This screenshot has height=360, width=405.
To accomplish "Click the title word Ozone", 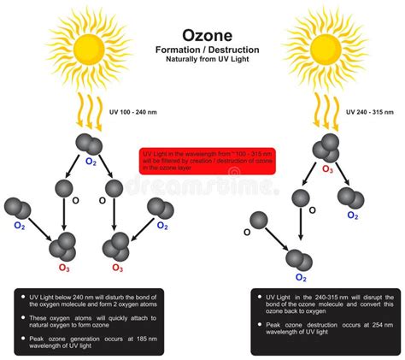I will [x=202, y=37].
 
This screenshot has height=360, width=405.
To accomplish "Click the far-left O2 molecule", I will [x=16, y=209].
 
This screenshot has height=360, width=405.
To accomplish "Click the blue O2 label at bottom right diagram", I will [x=301, y=277].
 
